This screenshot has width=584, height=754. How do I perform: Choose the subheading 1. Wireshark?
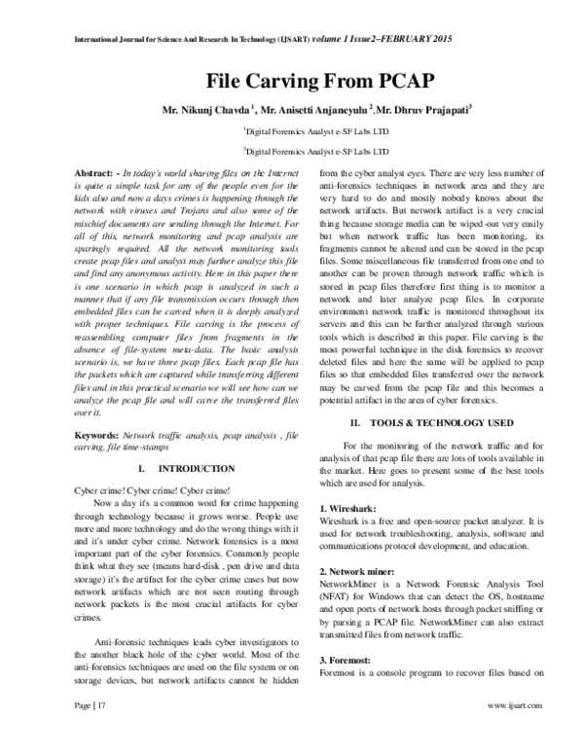(351, 510)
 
